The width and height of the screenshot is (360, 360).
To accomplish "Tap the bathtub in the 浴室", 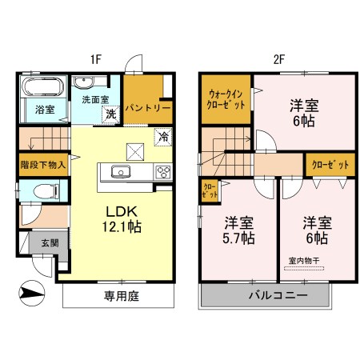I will point(43,87).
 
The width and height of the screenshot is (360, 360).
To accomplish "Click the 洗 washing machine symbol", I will point(112,114).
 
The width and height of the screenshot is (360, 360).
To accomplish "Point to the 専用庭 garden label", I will point(119,296).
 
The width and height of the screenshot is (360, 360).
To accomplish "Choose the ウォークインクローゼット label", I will point(226,98).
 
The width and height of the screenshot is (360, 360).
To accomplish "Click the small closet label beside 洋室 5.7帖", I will point(208,191).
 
